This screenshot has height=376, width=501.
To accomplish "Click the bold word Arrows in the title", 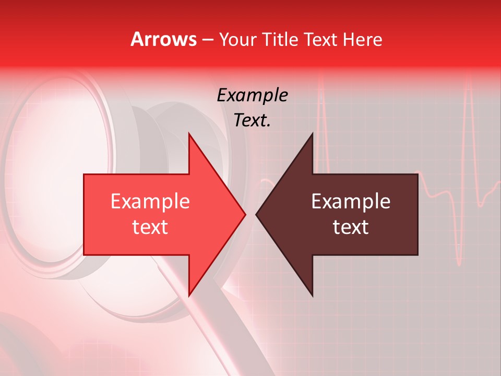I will pyautogui.click(x=164, y=39).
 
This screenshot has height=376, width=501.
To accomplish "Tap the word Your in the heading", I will pyautogui.click(x=237, y=40).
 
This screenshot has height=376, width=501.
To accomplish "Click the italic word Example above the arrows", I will pyautogui.click(x=252, y=96).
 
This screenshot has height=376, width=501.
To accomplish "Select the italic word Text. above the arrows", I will pyautogui.click(x=252, y=121).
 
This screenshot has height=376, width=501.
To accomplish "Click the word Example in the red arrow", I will pyautogui.click(x=150, y=202).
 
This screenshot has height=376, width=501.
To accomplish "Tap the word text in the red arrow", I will pyautogui.click(x=150, y=227).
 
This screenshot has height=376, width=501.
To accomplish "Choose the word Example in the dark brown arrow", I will pyautogui.click(x=351, y=202).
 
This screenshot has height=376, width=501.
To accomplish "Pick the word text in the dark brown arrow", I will pyautogui.click(x=351, y=227).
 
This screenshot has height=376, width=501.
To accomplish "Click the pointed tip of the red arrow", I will pyautogui.click(x=245, y=214).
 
